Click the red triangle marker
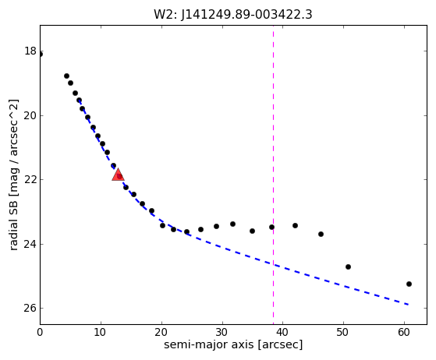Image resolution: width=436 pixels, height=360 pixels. click(x=118, y=175)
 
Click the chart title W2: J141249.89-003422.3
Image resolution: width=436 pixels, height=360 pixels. click(x=233, y=14)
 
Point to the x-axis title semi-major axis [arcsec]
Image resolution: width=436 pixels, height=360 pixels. click(x=233, y=344)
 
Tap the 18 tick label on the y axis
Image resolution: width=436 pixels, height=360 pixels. click(x=30, y=51)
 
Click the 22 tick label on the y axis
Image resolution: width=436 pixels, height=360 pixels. click(x=30, y=179)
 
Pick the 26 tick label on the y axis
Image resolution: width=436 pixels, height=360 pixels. click(x=30, y=308)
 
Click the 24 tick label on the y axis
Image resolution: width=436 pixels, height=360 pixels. click(x=30, y=244)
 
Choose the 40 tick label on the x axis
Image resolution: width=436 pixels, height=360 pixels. click(x=283, y=332)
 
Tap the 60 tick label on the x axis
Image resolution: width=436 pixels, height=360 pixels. click(x=404, y=332)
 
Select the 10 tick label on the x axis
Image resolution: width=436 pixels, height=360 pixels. click(x=101, y=332)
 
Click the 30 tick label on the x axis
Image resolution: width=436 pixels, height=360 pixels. click(x=222, y=332)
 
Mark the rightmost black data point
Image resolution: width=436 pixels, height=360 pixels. click(x=409, y=284)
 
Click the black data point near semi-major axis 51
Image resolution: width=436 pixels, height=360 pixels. click(x=348, y=266)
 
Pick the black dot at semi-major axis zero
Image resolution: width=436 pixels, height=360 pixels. click(x=41, y=55)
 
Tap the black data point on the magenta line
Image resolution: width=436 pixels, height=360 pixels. click(x=271, y=228)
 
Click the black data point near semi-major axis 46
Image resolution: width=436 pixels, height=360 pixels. click(x=321, y=235)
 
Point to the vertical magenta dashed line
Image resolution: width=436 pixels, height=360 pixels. click(x=273, y=175)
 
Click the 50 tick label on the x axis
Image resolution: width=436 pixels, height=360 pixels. click(x=343, y=332)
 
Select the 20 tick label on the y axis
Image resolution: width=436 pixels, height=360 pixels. click(x=30, y=115)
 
